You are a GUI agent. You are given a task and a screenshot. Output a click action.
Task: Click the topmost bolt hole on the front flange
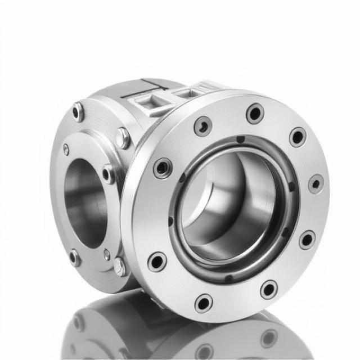point(254,112)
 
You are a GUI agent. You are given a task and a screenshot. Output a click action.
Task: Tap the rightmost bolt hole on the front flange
point(316,184)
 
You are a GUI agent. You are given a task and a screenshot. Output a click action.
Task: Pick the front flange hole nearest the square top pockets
point(203,126)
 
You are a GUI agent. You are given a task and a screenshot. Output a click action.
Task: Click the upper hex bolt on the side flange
point(122,137)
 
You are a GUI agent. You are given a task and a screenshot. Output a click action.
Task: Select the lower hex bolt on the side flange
point(119,266)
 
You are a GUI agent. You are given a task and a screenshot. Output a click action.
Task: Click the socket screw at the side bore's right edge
point(108,174)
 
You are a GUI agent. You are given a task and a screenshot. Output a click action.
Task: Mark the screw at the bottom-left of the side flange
point(75,258)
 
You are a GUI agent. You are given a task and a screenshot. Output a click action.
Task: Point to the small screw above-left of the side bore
point(66,149)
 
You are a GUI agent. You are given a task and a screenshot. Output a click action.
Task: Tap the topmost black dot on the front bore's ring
point(240,139)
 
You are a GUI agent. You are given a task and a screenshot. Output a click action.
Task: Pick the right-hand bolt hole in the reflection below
point(269,337)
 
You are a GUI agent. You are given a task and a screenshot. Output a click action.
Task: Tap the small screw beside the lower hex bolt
point(107,255)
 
